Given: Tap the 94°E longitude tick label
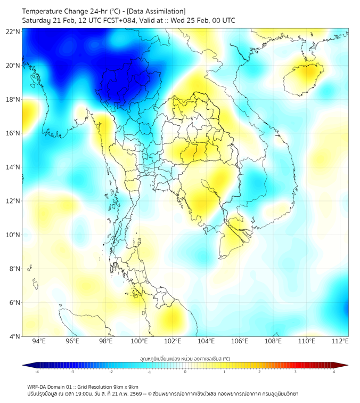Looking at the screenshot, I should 39,341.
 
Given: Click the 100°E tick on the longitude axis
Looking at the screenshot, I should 139,341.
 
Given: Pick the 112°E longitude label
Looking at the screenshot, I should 340,341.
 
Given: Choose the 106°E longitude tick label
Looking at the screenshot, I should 240,341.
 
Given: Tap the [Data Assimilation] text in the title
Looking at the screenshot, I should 156,11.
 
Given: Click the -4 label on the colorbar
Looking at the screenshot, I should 36,372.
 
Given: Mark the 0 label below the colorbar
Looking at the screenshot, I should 185,372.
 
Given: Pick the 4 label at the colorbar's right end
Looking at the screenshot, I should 334,372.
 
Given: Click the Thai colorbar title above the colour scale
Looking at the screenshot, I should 185,358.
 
